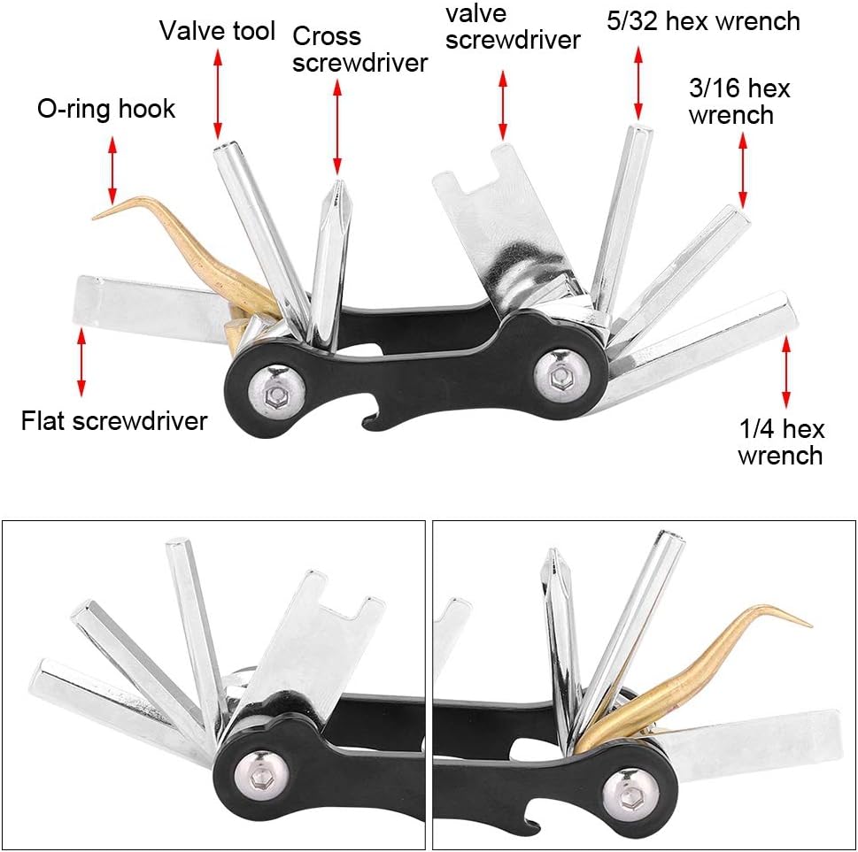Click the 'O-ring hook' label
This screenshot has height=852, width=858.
pyautogui.click(x=106, y=109)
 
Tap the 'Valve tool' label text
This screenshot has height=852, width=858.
pyautogui.click(x=217, y=31)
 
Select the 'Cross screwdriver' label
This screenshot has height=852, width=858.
pyautogui.click(x=359, y=50)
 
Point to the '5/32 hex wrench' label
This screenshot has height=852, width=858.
pyautogui.click(x=703, y=22)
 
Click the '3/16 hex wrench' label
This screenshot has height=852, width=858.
pyautogui.click(x=738, y=102)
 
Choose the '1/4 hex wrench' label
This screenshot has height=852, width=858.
pyautogui.click(x=781, y=441)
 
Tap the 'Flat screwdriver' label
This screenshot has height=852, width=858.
pyautogui.click(x=114, y=421)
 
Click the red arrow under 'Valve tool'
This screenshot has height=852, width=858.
pyautogui.click(x=218, y=94)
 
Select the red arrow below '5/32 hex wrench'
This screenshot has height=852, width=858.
pyautogui.click(x=638, y=83)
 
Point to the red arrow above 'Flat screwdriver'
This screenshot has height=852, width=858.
pyautogui.click(x=81, y=362)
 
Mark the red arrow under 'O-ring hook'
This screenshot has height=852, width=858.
pyautogui.click(x=112, y=170)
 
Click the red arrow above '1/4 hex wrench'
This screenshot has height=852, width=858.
pyautogui.click(x=786, y=372)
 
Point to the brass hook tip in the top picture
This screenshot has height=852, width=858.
pyautogui.click(x=94, y=219)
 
